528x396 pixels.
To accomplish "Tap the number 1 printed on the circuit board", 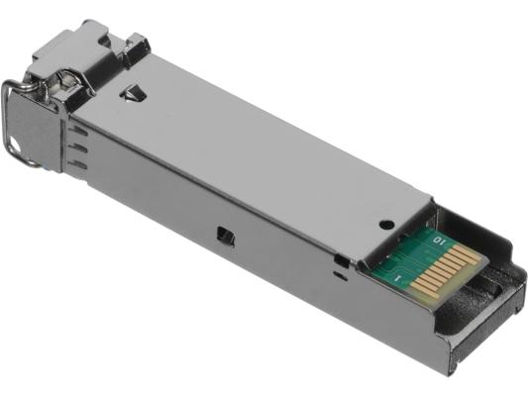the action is [x=398, y=278].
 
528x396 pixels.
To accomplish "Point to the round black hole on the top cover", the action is [x=386, y=224].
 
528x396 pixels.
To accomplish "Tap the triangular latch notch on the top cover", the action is [x=134, y=92].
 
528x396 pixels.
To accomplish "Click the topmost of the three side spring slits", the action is [x=78, y=131].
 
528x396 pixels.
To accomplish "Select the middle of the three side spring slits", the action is [x=78, y=148].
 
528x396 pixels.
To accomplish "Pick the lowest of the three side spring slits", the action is [x=78, y=165].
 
